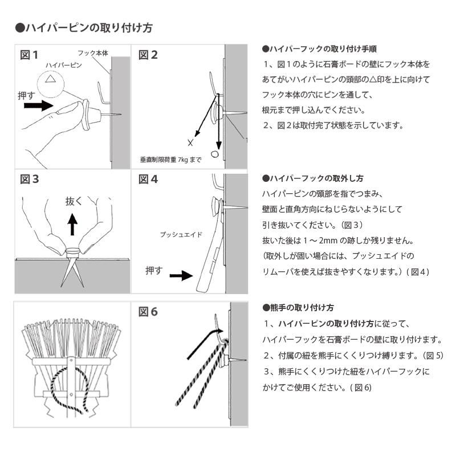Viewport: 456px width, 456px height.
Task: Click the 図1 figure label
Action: pyautogui.click(x=29, y=55)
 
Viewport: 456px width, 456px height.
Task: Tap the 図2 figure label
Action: pyautogui.click(x=148, y=55)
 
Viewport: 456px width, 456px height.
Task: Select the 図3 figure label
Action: pyautogui.click(x=29, y=180)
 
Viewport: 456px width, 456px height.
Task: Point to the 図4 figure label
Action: pyautogui.click(x=148, y=180)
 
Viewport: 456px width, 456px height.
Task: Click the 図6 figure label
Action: pyautogui.click(x=148, y=312)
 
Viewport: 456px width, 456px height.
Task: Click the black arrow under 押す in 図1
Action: pyautogui.click(x=39, y=105)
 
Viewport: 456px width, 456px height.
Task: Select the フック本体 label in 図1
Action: pyautogui.click(x=92, y=53)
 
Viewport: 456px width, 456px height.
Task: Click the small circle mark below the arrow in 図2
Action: pyautogui.click(x=215, y=154)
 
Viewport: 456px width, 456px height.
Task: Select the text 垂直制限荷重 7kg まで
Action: pyautogui.click(x=170, y=160)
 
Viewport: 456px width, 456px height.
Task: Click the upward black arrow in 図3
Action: pyautogui.click(x=72, y=224)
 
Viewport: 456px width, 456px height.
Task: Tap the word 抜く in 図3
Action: pyautogui.click(x=74, y=201)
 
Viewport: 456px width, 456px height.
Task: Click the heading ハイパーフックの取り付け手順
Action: pyautogui.click(x=319, y=50)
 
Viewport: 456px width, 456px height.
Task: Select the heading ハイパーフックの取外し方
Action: pyautogui.click(x=312, y=178)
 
